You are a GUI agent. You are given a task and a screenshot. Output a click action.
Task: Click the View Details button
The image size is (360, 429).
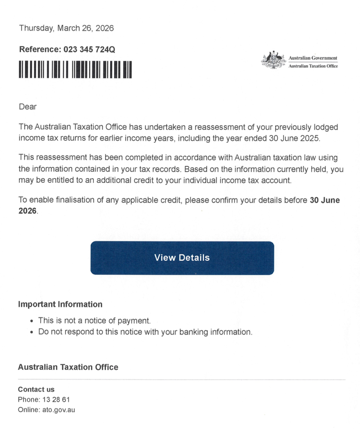pos(182,258)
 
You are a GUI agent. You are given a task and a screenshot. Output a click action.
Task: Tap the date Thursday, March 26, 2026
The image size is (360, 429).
pos(66,28)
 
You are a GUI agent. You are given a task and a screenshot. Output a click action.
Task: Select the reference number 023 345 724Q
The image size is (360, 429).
pos(89,49)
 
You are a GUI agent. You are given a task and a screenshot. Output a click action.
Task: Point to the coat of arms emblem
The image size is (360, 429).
pos(274,60)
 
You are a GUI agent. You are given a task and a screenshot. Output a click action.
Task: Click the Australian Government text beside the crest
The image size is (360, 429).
pos(313,58)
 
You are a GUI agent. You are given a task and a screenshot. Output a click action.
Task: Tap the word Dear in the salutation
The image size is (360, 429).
pos(28,107)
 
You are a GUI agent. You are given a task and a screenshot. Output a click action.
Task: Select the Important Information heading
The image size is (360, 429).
pos(60,304)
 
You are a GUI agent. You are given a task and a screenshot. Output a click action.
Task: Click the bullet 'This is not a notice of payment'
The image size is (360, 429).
pos(94,321)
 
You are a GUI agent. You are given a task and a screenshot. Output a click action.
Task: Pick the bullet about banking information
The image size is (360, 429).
pos(145,332)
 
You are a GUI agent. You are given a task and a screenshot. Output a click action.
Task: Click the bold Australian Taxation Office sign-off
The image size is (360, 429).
pos(68,367)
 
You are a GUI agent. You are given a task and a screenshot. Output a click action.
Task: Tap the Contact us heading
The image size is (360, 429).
pos(36,389)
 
